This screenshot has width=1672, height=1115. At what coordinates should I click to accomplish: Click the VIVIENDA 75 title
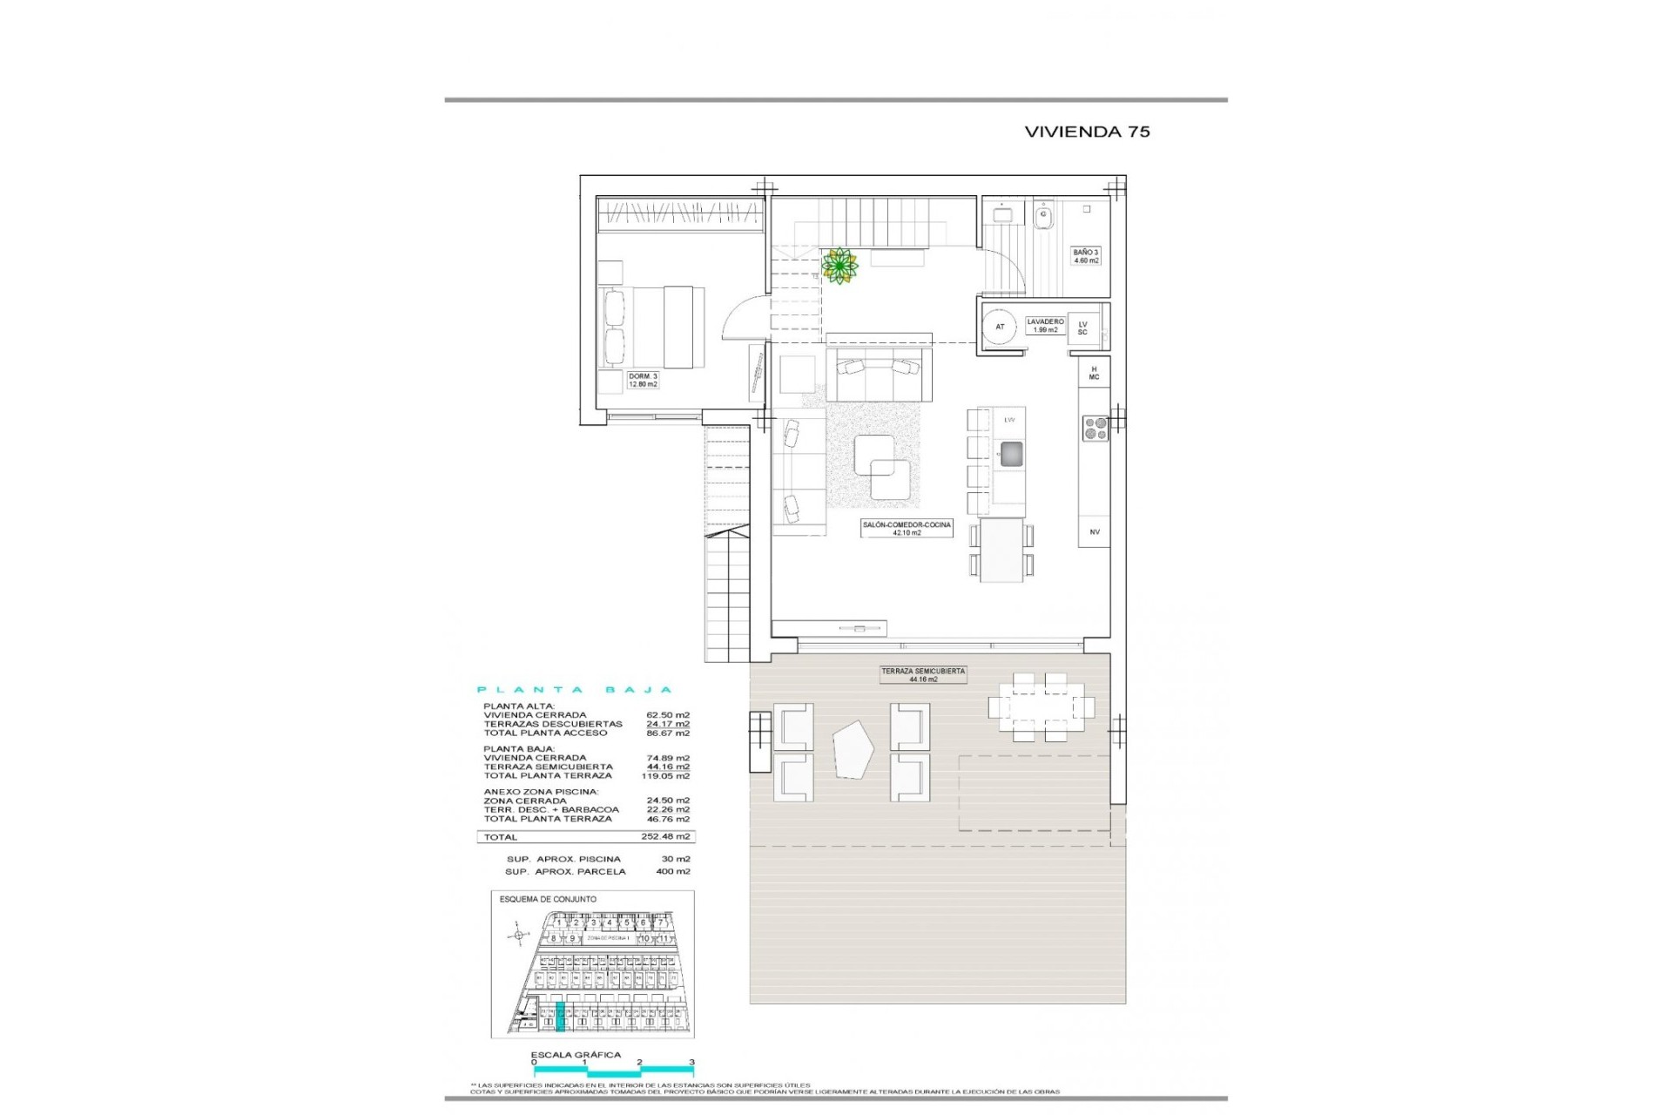coord(1087,132)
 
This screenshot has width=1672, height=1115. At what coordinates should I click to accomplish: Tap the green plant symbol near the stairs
coord(839,265)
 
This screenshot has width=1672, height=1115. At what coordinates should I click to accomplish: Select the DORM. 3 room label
coord(643,380)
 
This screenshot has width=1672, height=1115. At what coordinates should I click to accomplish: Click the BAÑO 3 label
coord(1085,256)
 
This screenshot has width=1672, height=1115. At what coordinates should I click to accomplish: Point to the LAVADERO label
coord(1044,325)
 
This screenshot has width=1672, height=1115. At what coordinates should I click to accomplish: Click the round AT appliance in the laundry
coord(1000,328)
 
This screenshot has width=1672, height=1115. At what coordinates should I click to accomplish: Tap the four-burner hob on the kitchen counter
coord(1095,428)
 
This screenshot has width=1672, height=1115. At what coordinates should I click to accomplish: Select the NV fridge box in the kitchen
coord(1094,531)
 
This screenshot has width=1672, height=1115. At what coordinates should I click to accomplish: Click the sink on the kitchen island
coord(1011,455)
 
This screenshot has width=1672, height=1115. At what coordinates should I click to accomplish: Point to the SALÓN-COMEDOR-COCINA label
coord(907,529)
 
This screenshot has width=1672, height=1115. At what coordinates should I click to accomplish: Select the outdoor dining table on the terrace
coord(1040,706)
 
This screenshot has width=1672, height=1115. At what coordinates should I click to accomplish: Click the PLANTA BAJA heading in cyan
coord(575,690)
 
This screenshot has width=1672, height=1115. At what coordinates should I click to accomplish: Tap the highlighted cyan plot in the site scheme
coord(560,1017)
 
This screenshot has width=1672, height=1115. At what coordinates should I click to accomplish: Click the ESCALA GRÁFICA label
coord(576,1055)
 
